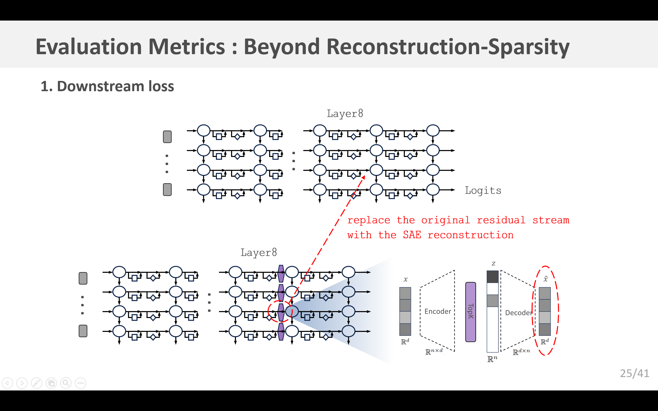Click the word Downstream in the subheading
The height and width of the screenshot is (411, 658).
pos(100,87)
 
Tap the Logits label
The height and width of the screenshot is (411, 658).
pos(483,190)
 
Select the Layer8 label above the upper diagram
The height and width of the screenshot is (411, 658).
pos(345,114)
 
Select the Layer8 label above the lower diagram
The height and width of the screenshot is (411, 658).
pos(259,253)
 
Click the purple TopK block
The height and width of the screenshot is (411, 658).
pos(471,312)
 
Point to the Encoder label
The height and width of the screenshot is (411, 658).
pos(438,312)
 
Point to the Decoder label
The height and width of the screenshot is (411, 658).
pos(518,313)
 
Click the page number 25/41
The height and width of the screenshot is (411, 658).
pos(635,373)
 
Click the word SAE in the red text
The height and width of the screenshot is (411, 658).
pos(412,235)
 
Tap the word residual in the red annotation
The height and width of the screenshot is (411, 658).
pos(501,220)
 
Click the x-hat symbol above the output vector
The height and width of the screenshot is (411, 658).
pos(545,279)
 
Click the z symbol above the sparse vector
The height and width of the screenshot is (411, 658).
pos(493,264)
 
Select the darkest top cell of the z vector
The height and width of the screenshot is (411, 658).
pos(492,277)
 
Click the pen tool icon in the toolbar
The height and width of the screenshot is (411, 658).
pos(37,383)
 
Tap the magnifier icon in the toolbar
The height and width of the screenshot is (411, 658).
pos(66,383)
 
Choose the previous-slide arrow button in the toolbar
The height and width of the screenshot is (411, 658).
pos(7,383)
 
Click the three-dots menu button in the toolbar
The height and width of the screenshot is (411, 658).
pos(81,383)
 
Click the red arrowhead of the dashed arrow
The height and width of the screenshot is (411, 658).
pos(363,178)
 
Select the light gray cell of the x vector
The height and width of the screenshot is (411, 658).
pos(405,317)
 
